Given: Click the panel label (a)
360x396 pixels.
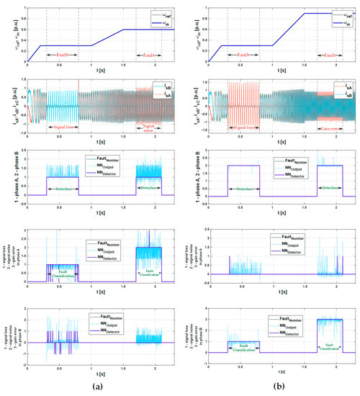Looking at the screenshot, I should (x=91, y=387).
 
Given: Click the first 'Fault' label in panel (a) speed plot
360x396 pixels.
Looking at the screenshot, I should (x=61, y=54).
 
